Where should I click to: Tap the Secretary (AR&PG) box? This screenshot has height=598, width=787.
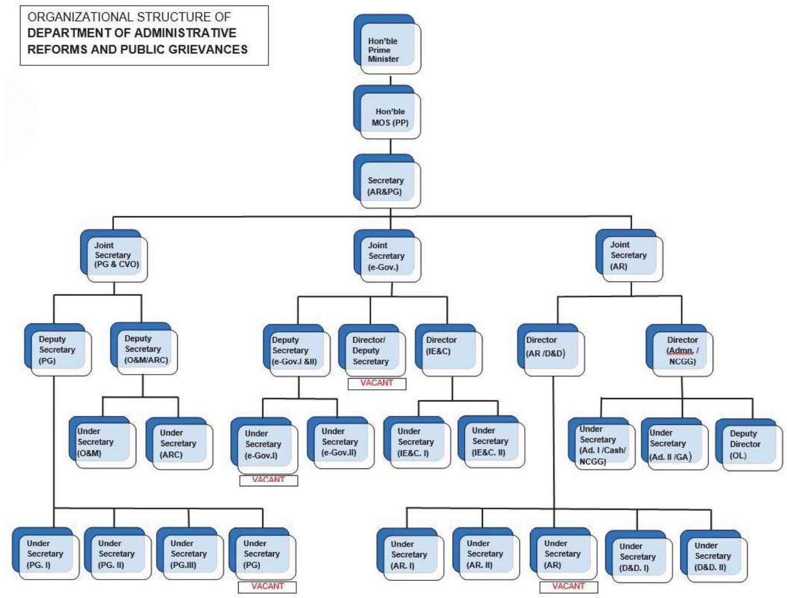[387, 184]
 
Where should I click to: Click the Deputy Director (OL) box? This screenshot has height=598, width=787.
[749, 445]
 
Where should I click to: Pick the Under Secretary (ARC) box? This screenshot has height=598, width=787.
[179, 444]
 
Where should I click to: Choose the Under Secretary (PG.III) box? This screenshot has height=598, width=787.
[189, 555]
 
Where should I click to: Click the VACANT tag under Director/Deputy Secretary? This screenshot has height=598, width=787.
[377, 384]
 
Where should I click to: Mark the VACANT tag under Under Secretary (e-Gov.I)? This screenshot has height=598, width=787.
[268, 480]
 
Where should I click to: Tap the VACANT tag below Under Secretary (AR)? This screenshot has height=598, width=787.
[568, 587]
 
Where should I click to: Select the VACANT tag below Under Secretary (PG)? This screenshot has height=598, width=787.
[267, 587]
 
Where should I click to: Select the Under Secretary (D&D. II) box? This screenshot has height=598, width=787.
[713, 557]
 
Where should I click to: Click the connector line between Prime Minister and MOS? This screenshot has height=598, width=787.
[390, 80]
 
